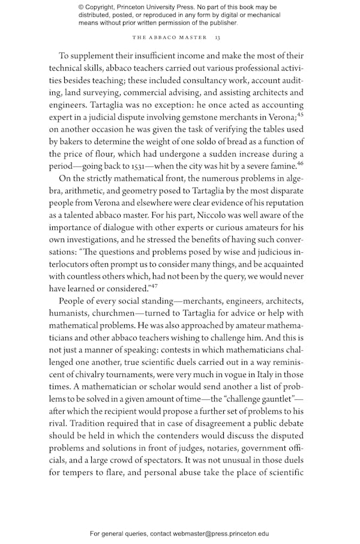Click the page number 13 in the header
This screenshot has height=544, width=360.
[x=218, y=38]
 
